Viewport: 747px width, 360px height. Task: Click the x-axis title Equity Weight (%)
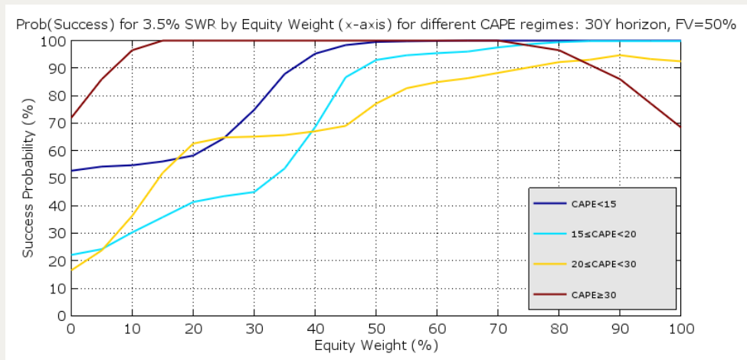pyautogui.click(x=376, y=345)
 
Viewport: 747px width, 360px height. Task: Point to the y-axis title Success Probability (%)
pyautogui.click(x=28, y=178)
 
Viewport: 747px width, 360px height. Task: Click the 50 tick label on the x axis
pyautogui.click(x=375, y=328)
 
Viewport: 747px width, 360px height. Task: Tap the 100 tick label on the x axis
pyautogui.click(x=680, y=328)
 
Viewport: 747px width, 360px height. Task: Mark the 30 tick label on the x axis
pyautogui.click(x=254, y=328)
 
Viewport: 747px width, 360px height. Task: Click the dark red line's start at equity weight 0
pyautogui.click(x=71, y=117)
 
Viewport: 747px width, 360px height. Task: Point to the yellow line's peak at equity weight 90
pyautogui.click(x=620, y=55)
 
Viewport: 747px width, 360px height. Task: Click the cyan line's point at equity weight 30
pyautogui.click(x=254, y=191)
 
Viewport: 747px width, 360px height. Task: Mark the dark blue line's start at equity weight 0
pyautogui.click(x=71, y=171)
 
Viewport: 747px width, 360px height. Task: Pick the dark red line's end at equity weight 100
pyautogui.click(x=680, y=127)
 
